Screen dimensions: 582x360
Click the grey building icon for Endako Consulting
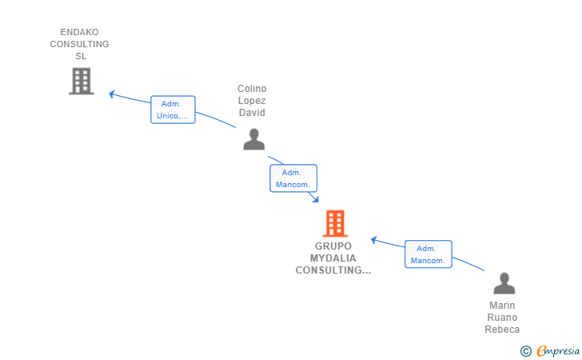82,81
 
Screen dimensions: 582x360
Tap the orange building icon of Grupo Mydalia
335,223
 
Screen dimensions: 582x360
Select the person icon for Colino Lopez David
254,139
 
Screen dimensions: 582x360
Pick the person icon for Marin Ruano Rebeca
504,283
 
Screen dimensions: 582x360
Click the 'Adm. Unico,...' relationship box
173,110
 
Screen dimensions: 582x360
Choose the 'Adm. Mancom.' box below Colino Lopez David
293,178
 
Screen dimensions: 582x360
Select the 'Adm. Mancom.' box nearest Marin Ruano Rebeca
429,254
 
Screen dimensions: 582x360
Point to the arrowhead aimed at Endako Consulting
111,94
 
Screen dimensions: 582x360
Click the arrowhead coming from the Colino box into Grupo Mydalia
316,199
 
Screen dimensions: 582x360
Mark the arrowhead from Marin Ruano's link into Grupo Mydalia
374,240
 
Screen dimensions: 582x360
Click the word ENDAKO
79,32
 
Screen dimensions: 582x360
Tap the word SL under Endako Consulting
81,56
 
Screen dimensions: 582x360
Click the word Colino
252,89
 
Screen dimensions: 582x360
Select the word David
252,113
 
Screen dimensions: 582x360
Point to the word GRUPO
333,246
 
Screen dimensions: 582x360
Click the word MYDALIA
333,258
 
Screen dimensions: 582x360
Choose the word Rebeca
502,329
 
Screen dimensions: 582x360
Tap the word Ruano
502,318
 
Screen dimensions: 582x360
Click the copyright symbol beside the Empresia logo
526,351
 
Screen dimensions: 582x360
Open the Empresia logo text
558,350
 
